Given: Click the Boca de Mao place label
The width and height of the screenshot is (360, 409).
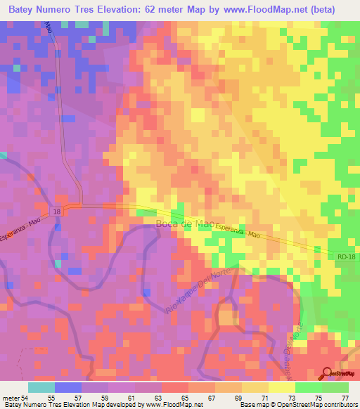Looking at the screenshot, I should [x=184, y=223].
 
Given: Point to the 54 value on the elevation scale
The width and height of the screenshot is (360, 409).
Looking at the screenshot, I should [x=26, y=397].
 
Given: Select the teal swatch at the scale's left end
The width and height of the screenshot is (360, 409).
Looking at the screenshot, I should [x=41, y=387].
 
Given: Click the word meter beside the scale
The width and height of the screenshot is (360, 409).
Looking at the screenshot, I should [x=11, y=397].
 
